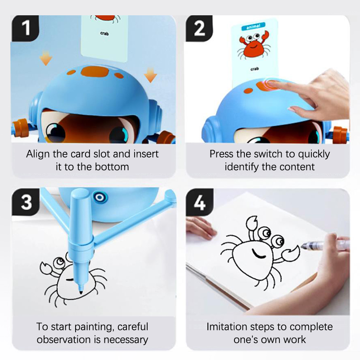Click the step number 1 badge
[25, 28]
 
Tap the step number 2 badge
[199, 28]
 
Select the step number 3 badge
[26, 202]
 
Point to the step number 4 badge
[200, 202]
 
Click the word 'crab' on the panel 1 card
[104, 33]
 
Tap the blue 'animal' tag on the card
[253, 27]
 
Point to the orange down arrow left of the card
[46, 58]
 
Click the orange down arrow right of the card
[150, 75]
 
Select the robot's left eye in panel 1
[55, 133]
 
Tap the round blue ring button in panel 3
[100, 198]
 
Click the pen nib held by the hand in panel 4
[303, 247]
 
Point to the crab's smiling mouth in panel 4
[258, 254]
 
